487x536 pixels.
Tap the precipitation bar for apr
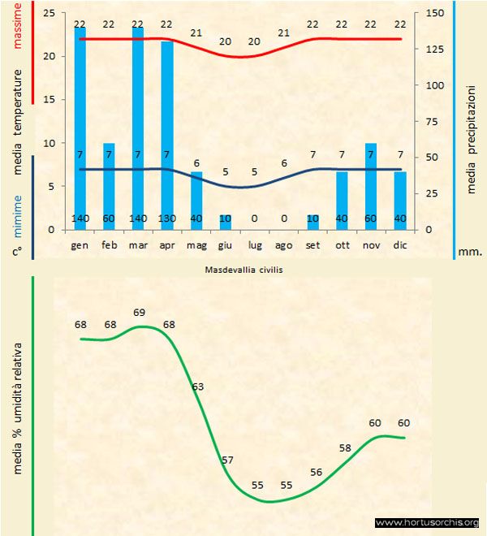(x=166, y=135)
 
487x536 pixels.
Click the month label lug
(x=254, y=244)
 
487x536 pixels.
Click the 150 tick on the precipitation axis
(x=435, y=14)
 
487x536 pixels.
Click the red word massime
(x=15, y=24)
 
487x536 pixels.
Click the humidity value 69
(x=139, y=312)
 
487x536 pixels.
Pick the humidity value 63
(x=197, y=387)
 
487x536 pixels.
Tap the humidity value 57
(x=226, y=460)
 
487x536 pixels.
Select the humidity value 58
(x=345, y=447)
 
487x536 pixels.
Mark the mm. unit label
(x=470, y=252)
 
